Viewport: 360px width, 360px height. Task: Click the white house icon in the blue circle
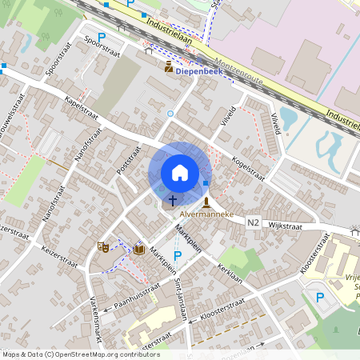pyautogui.click(x=180, y=173)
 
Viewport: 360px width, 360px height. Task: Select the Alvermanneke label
pyautogui.click(x=206, y=215)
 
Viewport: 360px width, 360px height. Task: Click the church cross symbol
pyautogui.click(x=172, y=199)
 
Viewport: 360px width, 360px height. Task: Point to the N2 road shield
pyautogui.click(x=254, y=222)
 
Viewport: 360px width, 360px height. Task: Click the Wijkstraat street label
pyautogui.click(x=288, y=226)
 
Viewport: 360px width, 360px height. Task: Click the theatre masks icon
pyautogui.click(x=102, y=248)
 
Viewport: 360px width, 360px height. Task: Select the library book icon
pyautogui.click(x=139, y=250)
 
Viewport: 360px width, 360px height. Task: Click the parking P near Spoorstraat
pyautogui.click(x=102, y=37)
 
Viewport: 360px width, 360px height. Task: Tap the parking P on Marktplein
pyautogui.click(x=178, y=255)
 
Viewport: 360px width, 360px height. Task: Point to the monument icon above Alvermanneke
pyautogui.click(x=207, y=202)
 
